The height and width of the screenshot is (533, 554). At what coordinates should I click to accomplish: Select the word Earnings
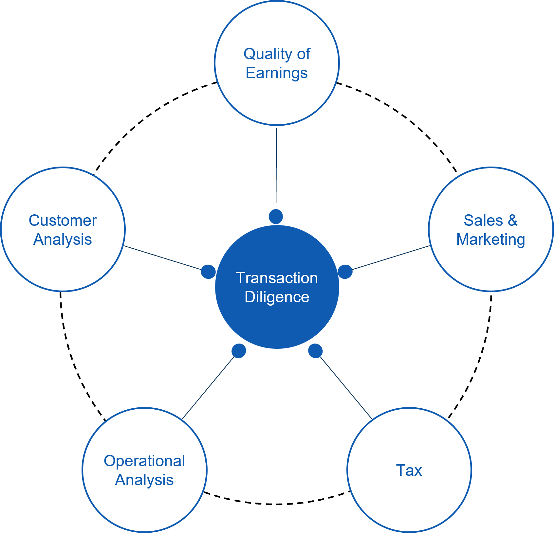[x=277, y=73]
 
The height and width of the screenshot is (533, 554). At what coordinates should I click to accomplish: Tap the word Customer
[x=63, y=221]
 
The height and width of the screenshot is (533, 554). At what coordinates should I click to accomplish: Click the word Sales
[x=483, y=221]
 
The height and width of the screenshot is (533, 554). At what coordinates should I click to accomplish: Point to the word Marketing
[x=490, y=240]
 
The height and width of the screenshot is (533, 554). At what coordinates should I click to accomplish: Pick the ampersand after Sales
[x=513, y=221]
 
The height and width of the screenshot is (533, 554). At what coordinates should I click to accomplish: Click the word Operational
[x=144, y=461]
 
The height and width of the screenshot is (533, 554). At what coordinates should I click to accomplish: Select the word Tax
[x=409, y=471]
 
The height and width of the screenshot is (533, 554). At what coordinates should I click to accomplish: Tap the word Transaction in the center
[x=277, y=278]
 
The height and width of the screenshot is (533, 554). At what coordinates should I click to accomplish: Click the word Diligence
[x=277, y=297]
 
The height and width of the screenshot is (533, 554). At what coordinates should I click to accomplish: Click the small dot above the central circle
[x=276, y=217]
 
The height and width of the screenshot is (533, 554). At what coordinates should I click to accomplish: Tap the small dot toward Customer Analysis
[x=208, y=272]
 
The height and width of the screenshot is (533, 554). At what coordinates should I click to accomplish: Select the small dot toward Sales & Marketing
[x=345, y=272]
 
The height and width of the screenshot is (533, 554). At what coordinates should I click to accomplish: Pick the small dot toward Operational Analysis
[x=239, y=351]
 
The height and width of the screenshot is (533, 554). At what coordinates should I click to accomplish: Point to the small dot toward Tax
[x=316, y=351]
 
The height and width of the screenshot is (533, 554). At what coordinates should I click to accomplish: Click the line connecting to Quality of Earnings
[x=276, y=169]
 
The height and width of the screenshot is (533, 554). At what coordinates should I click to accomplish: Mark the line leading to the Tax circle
[x=346, y=388]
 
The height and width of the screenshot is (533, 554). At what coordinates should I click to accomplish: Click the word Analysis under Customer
[x=63, y=240]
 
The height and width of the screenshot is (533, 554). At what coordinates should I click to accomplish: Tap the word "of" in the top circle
[x=304, y=54]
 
